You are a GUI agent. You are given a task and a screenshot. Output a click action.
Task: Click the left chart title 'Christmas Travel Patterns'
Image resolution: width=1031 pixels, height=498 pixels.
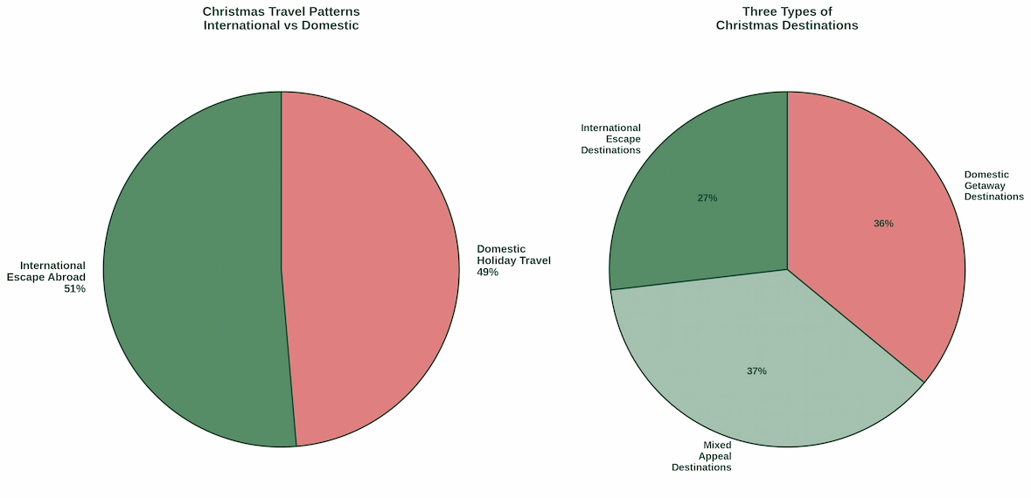pos(281,12)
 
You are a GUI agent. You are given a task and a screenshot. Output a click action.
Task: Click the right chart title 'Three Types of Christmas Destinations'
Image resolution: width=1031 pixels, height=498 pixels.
pos(786,18)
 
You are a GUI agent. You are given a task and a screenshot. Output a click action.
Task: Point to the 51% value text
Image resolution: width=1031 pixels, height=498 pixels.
pos(74,289)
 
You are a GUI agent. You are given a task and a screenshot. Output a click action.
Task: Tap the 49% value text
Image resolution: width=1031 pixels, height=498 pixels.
pos(487,273)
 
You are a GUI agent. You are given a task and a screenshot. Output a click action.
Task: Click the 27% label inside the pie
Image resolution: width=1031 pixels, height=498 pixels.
pos(707,198)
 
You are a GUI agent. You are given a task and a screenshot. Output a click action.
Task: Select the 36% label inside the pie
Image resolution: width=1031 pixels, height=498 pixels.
pos(883,224)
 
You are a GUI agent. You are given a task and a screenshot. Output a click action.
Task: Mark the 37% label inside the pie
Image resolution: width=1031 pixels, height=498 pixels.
pos(756,371)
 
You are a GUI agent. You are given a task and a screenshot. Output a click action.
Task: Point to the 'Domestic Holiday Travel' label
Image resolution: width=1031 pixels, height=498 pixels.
pos(513,260)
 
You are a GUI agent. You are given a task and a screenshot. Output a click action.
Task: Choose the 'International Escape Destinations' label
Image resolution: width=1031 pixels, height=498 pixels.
pos(610,139)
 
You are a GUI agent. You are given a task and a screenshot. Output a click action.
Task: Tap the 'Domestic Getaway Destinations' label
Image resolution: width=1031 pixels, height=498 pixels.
pos(993,185)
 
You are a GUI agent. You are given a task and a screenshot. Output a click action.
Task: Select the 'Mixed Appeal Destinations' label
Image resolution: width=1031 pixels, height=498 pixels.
pos(701,456)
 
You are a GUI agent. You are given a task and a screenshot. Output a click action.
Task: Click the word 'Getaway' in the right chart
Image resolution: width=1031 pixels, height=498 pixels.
pos(985,185)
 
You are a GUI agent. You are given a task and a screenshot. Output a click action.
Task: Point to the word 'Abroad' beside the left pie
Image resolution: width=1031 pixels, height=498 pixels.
pos(66,277)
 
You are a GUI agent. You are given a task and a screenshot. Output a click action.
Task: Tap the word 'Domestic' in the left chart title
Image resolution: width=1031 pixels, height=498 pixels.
pos(331,26)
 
